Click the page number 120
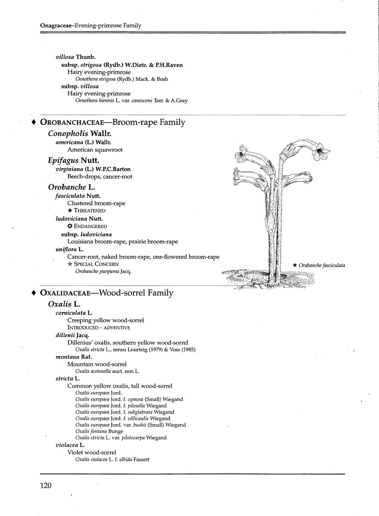(x=45, y=486)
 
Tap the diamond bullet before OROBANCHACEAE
(x=34, y=122)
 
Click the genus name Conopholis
(x=68, y=133)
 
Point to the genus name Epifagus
(x=63, y=160)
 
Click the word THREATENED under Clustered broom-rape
(x=90, y=211)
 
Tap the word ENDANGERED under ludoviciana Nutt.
(x=90, y=226)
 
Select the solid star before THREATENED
(x=70, y=211)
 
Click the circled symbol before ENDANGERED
(x=70, y=226)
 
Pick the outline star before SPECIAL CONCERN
(x=70, y=264)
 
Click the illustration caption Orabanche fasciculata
(x=322, y=265)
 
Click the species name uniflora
(x=66, y=249)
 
